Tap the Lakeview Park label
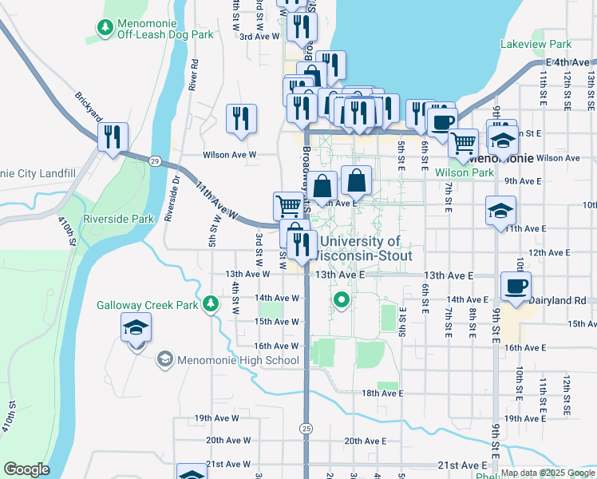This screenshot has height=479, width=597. click(x=533, y=45)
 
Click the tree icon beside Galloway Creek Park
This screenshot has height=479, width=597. click(x=211, y=303)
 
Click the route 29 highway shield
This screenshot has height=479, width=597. click(x=154, y=160)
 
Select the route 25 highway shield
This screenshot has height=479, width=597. click(x=306, y=429)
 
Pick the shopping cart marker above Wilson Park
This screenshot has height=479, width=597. click(x=463, y=143)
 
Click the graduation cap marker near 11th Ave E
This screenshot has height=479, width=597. click(x=500, y=212)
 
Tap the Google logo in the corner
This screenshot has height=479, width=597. click(x=27, y=469)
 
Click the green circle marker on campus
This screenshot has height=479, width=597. click(x=342, y=300)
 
